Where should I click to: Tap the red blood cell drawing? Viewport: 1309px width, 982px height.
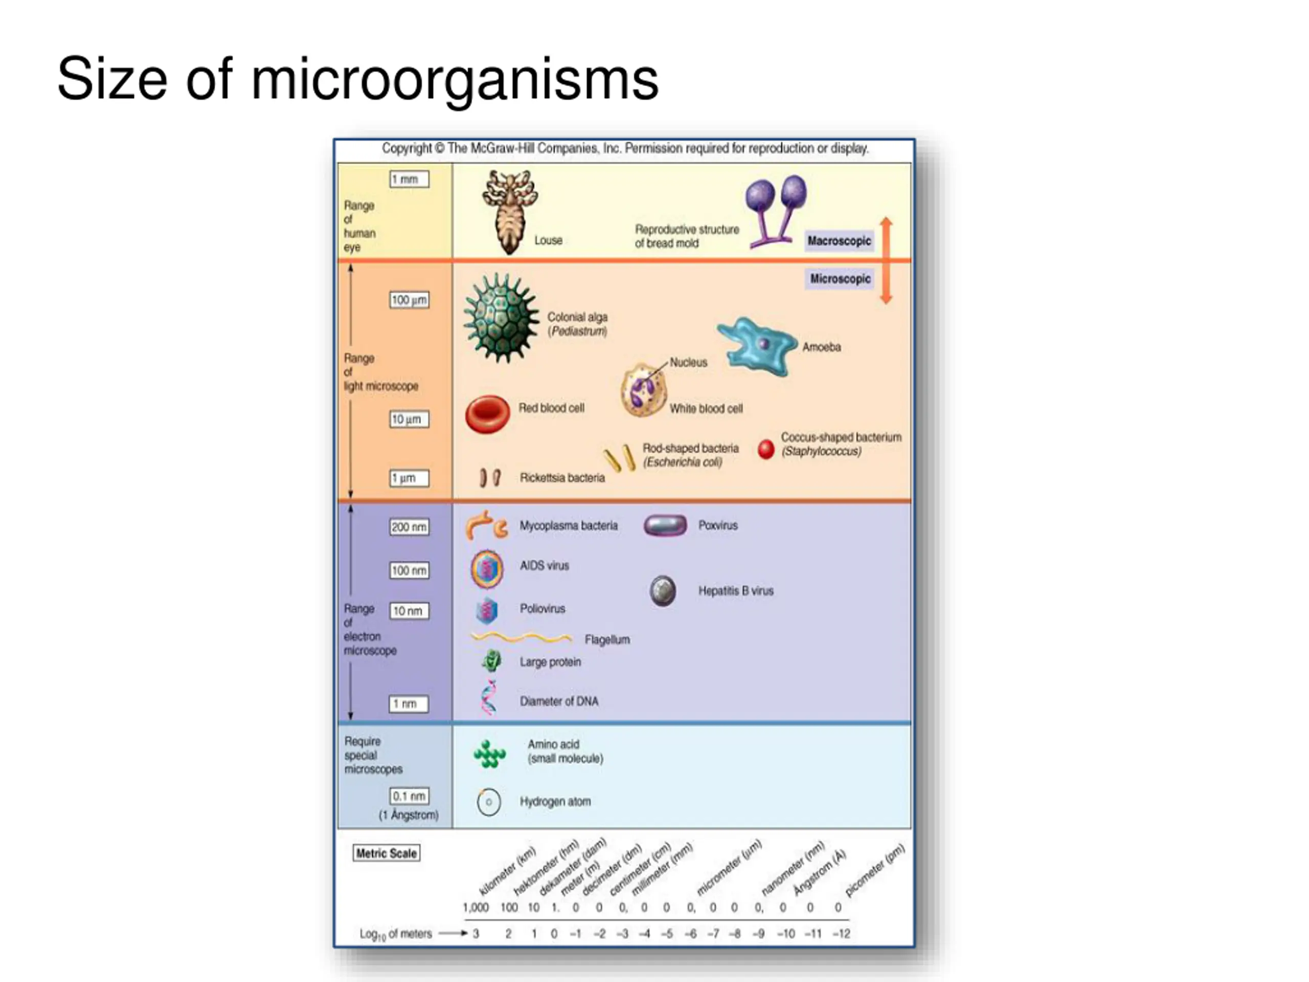[x=487, y=414]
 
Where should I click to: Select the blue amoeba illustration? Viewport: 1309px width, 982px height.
[x=757, y=347]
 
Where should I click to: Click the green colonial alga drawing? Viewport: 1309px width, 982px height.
[x=501, y=318]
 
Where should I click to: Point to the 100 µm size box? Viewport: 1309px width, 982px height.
[x=409, y=300]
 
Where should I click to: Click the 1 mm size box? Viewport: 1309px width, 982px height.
[x=409, y=180]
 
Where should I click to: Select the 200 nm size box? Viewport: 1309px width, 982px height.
[x=409, y=527]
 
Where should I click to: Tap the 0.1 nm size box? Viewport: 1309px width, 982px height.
[x=409, y=796]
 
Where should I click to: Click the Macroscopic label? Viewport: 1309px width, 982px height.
[x=839, y=241]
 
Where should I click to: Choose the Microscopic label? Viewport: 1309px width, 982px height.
[x=840, y=279]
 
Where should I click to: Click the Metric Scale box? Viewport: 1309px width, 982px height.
[x=387, y=853]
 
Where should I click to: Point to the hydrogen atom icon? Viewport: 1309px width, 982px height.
[x=489, y=802]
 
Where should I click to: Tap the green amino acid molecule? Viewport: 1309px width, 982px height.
[x=489, y=754]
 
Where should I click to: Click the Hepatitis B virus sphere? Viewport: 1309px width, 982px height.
[x=663, y=591]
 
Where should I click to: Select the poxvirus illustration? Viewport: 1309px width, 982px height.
[x=665, y=526]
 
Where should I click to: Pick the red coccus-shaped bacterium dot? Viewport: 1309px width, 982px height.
[x=766, y=449]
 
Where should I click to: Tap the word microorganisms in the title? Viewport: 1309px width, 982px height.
[x=455, y=79]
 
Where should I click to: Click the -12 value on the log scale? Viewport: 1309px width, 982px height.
[x=841, y=933]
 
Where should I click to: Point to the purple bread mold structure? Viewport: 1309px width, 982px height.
[x=775, y=211]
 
